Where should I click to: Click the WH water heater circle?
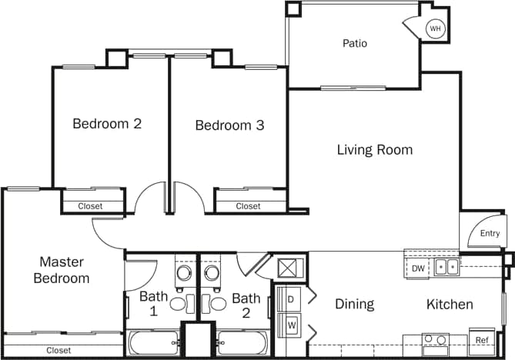pyautogui.click(x=436, y=29)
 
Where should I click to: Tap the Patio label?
pyautogui.click(x=355, y=43)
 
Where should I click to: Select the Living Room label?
pyautogui.click(x=374, y=150)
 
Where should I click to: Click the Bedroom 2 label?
pyautogui.click(x=107, y=123)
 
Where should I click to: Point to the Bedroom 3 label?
pyautogui.click(x=229, y=125)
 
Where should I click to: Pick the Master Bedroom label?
pyautogui.click(x=62, y=270)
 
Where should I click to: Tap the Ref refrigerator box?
pyautogui.click(x=482, y=340)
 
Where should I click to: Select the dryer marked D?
pyautogui.click(x=291, y=298)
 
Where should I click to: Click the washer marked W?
pyautogui.click(x=291, y=325)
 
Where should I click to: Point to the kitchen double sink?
pyautogui.click(x=446, y=268)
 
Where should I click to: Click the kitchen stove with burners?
pyautogui.click(x=435, y=340)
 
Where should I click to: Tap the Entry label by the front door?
pyautogui.click(x=490, y=234)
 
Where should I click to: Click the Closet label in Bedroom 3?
pyautogui.click(x=248, y=206)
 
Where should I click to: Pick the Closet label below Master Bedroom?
pyautogui.click(x=59, y=350)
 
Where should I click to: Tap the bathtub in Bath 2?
pyautogui.click(x=242, y=342)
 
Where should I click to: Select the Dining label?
pyautogui.click(x=354, y=305)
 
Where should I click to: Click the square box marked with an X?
pyautogui.click(x=291, y=268)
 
